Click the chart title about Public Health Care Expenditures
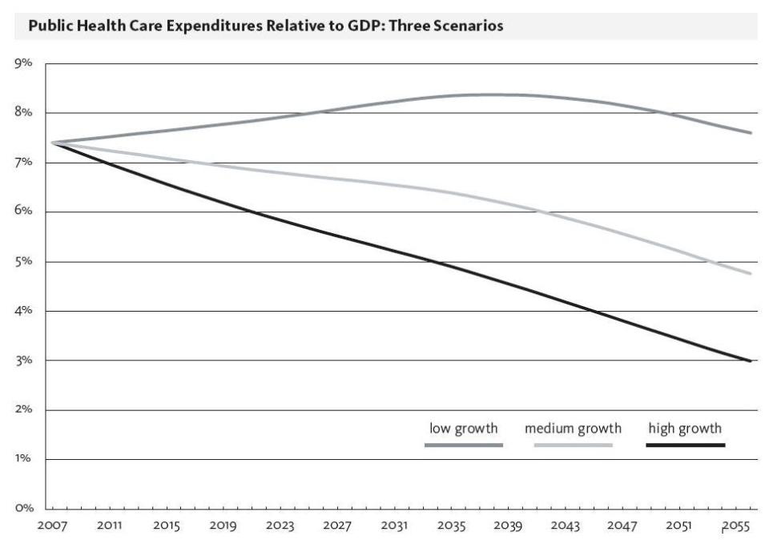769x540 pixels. click(265, 26)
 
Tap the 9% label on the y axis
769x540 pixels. click(22, 63)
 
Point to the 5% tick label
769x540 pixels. click(22, 261)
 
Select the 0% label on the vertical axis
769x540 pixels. click(22, 508)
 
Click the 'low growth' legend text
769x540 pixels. click(463, 429)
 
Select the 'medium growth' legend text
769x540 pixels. click(573, 429)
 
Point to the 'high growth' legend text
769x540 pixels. click(685, 429)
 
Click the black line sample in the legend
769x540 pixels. click(685, 445)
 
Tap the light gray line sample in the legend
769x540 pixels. click(573, 445)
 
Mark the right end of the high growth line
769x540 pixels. click(751, 361)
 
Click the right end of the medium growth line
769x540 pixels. click(751, 274)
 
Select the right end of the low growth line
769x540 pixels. click(751, 133)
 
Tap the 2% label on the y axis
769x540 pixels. click(22, 409)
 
